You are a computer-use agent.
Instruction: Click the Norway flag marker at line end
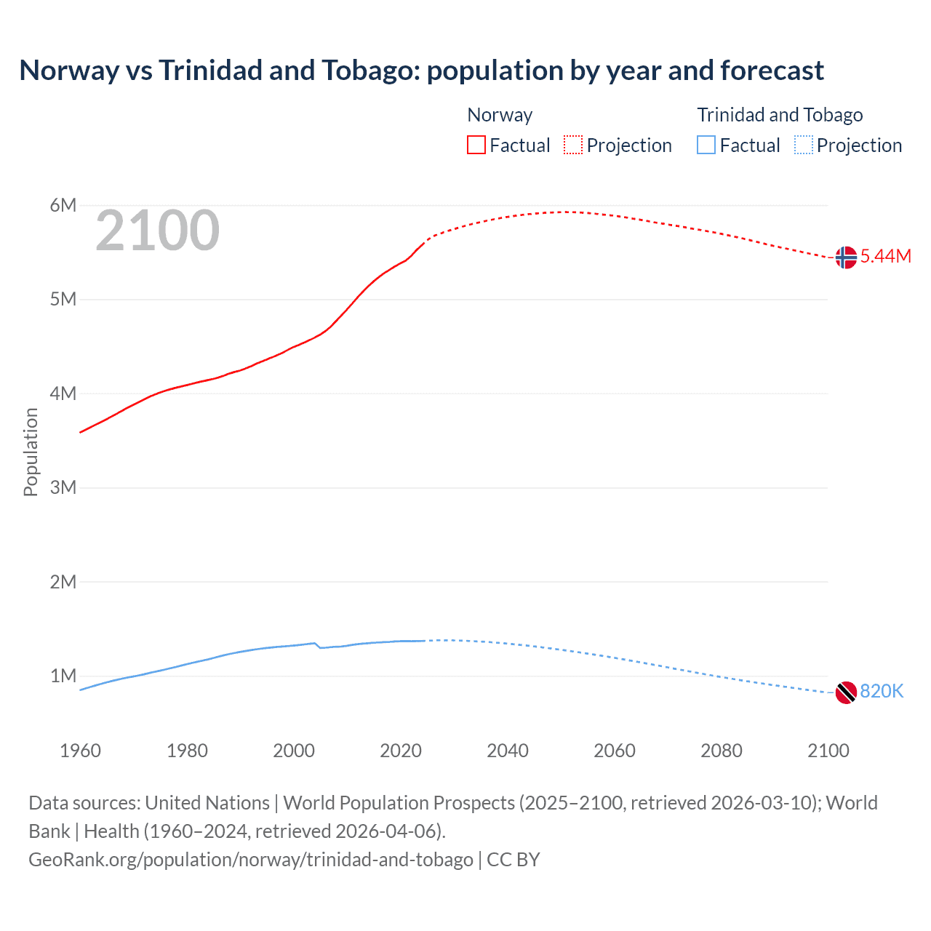click(846, 257)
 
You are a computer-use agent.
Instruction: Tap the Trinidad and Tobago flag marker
click(846, 692)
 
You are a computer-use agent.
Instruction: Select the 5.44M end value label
click(885, 256)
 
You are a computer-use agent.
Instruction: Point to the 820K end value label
click(882, 691)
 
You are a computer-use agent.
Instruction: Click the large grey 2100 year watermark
click(157, 231)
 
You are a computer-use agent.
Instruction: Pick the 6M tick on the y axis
click(63, 205)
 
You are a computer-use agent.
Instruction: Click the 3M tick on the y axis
click(63, 487)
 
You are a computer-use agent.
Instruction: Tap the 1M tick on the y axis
click(63, 676)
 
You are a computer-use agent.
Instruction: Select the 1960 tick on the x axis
click(80, 751)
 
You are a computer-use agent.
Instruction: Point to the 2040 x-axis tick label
click(508, 751)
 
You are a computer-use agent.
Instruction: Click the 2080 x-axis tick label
click(722, 751)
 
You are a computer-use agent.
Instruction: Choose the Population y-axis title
click(31, 452)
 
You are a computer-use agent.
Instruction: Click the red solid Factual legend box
click(476, 145)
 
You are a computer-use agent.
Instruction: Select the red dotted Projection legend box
click(573, 145)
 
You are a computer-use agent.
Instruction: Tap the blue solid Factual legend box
click(706, 145)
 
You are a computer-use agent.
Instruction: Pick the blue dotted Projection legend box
click(803, 145)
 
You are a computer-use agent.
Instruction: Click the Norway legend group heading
click(500, 115)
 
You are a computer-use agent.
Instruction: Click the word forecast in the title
click(772, 71)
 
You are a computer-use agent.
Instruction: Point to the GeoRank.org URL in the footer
click(251, 860)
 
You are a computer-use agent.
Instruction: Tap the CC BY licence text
click(514, 860)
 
